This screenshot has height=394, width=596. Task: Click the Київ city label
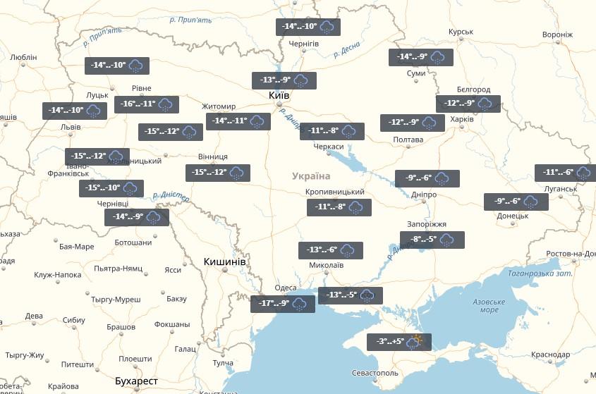(279, 96)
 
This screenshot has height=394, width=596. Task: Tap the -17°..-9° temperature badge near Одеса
(282, 304)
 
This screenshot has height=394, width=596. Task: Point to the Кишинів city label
(224, 261)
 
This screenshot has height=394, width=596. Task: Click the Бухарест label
(136, 381)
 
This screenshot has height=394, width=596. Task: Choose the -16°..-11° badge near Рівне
(147, 104)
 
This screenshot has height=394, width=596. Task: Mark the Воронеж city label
(558, 35)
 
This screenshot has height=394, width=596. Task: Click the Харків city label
(462, 119)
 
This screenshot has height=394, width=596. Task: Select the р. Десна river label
(346, 49)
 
